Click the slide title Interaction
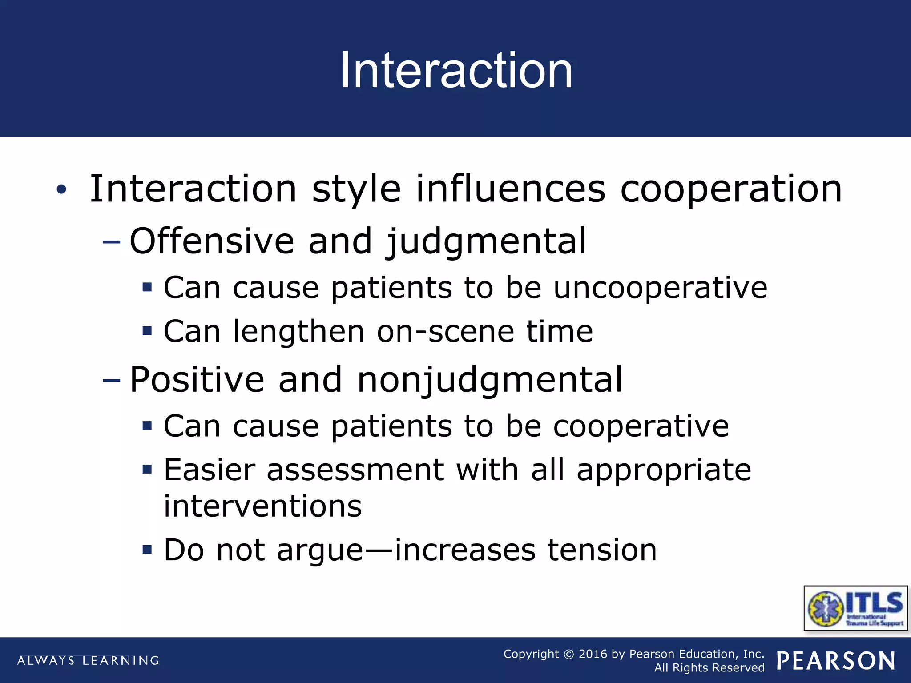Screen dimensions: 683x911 pyautogui.click(x=456, y=70)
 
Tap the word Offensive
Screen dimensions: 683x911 pyautogui.click(x=212, y=241)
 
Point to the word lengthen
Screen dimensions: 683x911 pyautogui.click(x=298, y=332)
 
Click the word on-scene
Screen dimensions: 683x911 pyautogui.click(x=445, y=332)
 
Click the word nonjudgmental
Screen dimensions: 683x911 pyautogui.click(x=490, y=380)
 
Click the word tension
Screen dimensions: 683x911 pyautogui.click(x=602, y=550)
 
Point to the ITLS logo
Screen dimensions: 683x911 pyautogui.click(x=856, y=608)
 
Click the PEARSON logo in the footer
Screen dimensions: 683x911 pyautogui.click(x=836, y=661)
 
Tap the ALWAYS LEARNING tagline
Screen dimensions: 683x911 pyautogui.click(x=88, y=661)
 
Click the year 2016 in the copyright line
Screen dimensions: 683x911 pyautogui.click(x=593, y=654)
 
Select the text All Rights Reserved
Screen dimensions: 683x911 pyautogui.click(x=709, y=668)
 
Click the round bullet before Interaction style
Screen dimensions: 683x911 pyautogui.click(x=61, y=190)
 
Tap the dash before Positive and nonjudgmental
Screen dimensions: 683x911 pyautogui.click(x=111, y=380)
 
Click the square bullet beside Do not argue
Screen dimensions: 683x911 pyautogui.click(x=147, y=550)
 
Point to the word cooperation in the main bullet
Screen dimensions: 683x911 pyautogui.click(x=731, y=189)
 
